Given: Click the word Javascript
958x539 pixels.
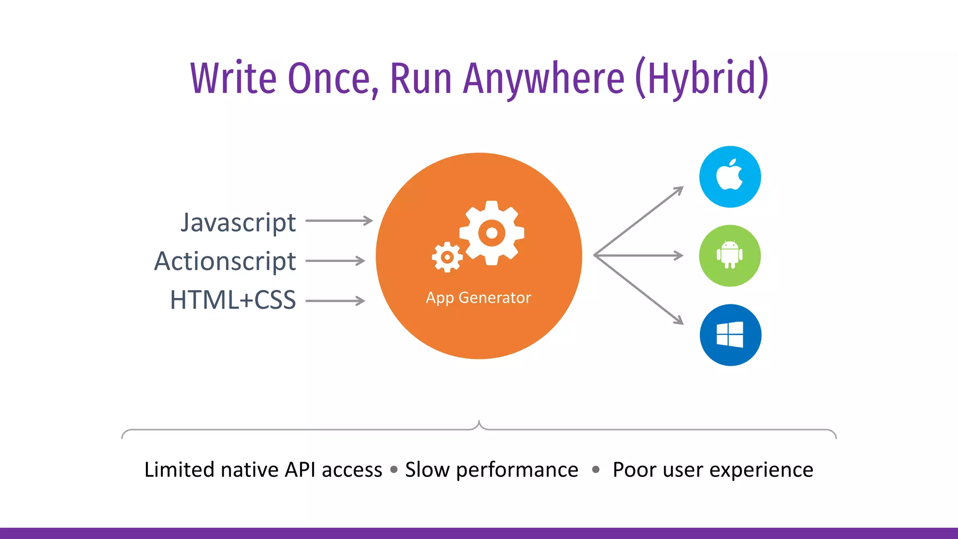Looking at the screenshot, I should tap(238, 223).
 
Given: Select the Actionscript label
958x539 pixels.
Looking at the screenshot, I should tap(225, 261).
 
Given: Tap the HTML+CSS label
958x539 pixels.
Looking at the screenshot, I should tap(233, 300).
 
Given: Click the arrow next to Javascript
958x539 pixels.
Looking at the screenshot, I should tap(339, 220).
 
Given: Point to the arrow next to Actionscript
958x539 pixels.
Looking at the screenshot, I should tap(335, 261).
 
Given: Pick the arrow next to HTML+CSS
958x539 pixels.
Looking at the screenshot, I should tap(335, 301).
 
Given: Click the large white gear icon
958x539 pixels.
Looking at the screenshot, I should tap(492, 233).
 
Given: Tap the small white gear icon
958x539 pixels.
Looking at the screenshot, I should tap(447, 257).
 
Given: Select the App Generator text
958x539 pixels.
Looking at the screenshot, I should tap(478, 298).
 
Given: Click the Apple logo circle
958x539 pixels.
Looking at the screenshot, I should tap(730, 177).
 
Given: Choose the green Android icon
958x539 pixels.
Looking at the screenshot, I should tap(730, 255).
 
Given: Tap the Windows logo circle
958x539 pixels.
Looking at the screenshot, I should tap(730, 335).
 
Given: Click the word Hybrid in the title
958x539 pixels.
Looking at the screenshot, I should tap(702, 78).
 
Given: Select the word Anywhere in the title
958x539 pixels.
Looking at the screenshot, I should tap(544, 78).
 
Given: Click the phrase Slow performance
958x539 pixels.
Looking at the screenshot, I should tap(491, 470).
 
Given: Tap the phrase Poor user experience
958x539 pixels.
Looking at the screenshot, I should tap(712, 470).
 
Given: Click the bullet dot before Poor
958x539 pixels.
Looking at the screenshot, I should tap(595, 469).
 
